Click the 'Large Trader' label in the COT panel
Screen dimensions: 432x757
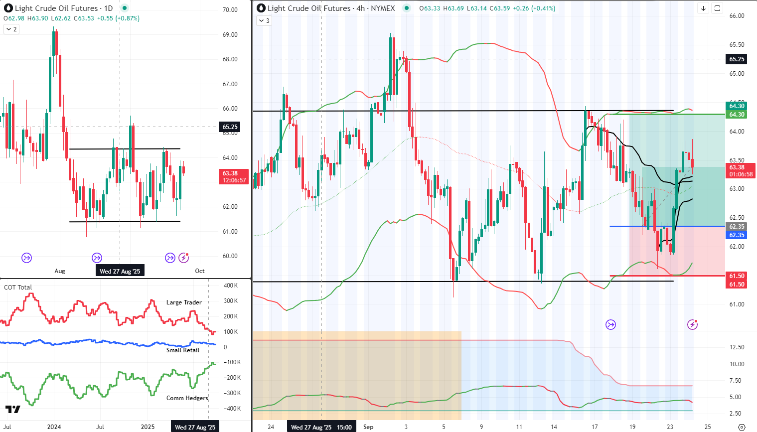click(x=184, y=302)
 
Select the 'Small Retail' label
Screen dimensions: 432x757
click(x=182, y=350)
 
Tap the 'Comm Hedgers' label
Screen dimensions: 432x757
click(x=187, y=398)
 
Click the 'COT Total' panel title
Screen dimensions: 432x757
click(x=18, y=287)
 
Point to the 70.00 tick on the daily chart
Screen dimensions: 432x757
click(x=230, y=10)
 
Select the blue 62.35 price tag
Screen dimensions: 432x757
click(x=737, y=235)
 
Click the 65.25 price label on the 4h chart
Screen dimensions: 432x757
click(x=737, y=59)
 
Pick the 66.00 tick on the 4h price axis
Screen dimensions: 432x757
click(x=737, y=16)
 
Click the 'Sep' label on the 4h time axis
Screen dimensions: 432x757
click(x=368, y=427)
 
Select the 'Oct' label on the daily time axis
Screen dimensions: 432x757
click(x=200, y=271)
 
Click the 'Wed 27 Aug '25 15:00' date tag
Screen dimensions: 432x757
click(x=321, y=427)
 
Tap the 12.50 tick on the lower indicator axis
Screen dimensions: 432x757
click(x=737, y=347)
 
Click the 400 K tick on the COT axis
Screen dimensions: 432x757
click(x=231, y=286)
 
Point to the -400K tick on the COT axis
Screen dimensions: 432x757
click(x=232, y=409)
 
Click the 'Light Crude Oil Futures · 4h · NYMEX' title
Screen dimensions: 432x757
click(x=331, y=8)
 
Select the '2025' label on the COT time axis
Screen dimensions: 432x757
click(x=148, y=427)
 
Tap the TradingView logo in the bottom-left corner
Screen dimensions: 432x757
click(x=13, y=410)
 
